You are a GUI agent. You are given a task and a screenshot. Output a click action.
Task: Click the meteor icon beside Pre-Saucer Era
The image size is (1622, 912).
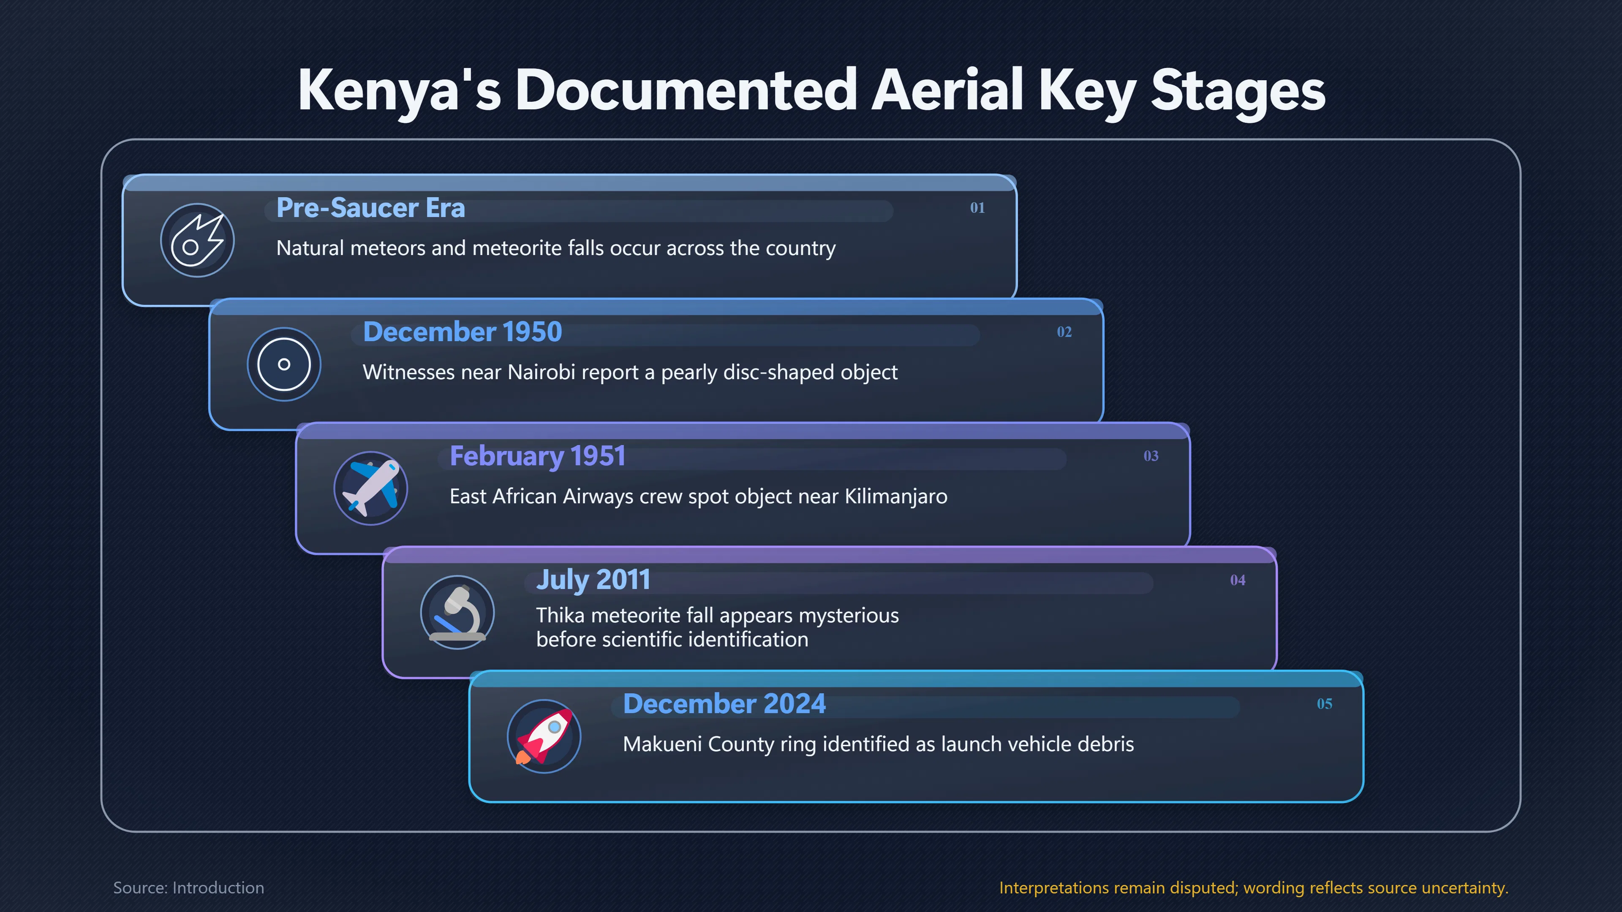point(198,240)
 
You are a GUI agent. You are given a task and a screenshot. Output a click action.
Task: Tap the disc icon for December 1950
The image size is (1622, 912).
point(284,364)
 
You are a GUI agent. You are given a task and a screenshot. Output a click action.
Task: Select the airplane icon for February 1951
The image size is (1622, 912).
point(371,488)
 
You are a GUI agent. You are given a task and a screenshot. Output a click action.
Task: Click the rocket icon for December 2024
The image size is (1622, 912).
point(544,736)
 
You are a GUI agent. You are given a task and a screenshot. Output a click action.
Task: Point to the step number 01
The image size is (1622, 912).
point(977,208)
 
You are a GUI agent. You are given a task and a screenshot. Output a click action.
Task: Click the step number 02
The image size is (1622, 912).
point(1064,332)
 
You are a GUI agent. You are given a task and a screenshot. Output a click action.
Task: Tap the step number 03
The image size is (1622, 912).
point(1151,456)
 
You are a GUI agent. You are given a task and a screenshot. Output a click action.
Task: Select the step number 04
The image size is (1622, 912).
point(1238,580)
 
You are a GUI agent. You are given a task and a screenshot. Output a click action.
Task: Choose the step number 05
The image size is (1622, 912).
point(1324,704)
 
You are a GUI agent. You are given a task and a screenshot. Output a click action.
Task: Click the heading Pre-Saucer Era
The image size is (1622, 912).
point(371,208)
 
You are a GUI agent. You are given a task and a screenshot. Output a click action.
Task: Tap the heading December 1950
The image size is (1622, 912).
point(462,332)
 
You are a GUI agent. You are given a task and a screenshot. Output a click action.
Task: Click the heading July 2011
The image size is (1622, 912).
point(593,580)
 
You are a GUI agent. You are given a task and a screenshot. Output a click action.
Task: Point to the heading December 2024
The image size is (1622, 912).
point(724,704)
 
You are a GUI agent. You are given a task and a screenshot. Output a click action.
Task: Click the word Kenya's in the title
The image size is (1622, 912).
point(399,91)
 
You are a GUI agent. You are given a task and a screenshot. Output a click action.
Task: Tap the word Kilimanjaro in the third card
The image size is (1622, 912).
point(896,497)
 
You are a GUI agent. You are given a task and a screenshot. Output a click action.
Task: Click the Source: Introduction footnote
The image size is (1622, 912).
point(188,888)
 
